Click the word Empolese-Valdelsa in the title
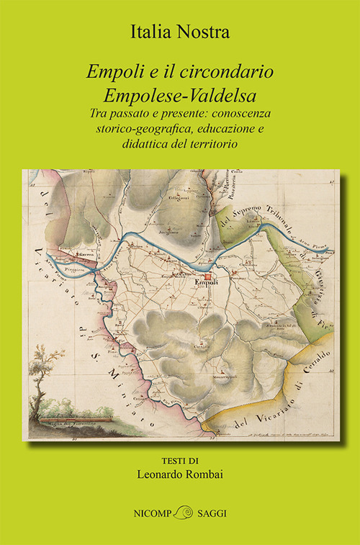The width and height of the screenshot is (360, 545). click(x=179, y=94)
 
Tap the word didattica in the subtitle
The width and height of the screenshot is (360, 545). click(x=141, y=143)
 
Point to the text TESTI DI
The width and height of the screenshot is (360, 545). click(x=179, y=461)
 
